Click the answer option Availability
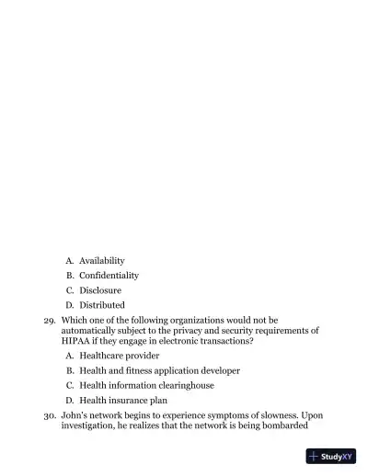(101, 260)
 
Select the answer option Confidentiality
(109, 275)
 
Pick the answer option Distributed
(101, 304)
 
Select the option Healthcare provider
(119, 356)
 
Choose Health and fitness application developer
(159, 370)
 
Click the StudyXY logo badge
(330, 456)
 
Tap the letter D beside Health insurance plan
(70, 400)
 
